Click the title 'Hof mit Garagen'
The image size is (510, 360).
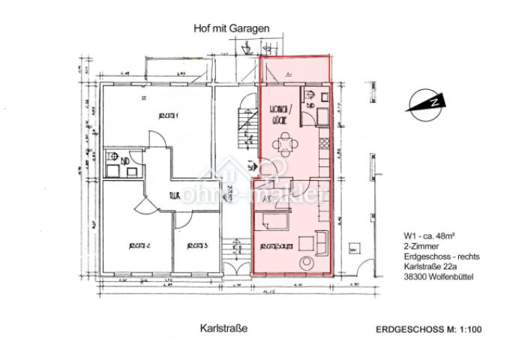230,28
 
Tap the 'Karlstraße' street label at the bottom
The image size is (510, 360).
223,328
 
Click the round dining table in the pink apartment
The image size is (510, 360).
283,140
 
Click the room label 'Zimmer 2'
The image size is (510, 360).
139,245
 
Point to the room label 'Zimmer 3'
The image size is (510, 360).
196,245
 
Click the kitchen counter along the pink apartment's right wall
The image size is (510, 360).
324,154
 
